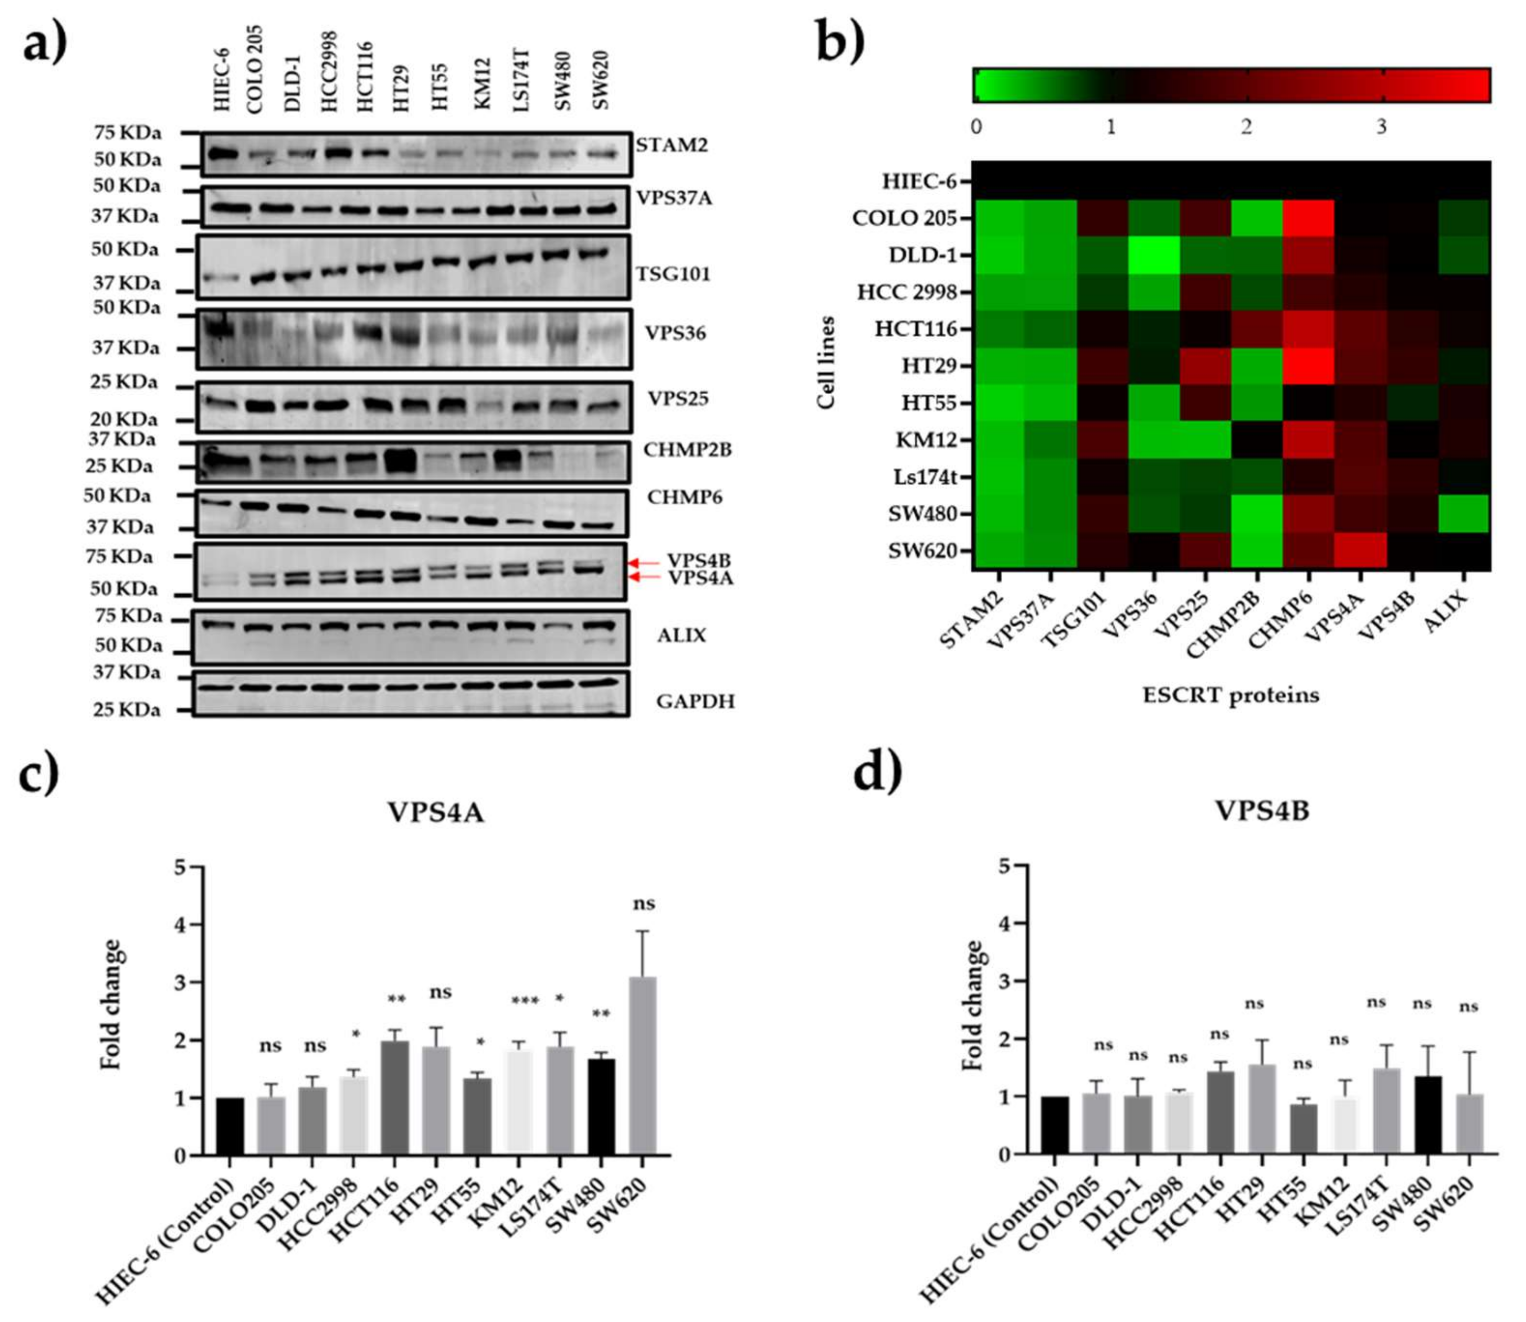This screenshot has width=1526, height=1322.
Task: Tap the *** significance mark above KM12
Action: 525,1001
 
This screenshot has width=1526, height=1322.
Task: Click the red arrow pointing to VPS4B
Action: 643,563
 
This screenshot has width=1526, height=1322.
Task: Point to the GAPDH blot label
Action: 695,701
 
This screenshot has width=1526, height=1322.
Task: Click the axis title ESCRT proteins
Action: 1231,695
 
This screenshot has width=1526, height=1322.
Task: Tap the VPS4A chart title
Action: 435,812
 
